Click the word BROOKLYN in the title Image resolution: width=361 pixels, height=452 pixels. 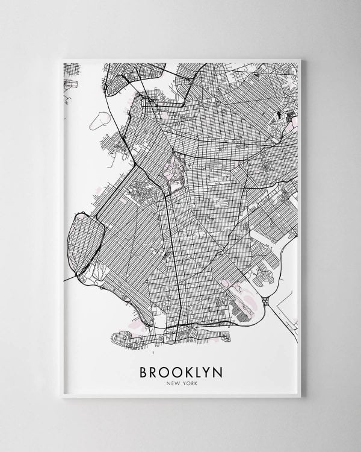click(180, 372)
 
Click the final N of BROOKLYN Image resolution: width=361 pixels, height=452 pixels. click(218, 372)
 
